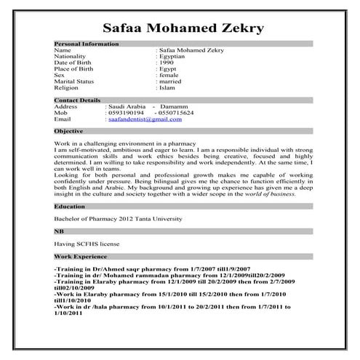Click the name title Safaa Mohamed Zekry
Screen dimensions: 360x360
tap(183, 28)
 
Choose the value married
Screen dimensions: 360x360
tap(171, 82)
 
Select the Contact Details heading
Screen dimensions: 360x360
tap(78, 100)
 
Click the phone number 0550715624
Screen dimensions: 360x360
tap(174, 113)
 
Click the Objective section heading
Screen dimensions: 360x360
tap(69, 131)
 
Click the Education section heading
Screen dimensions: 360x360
tap(70, 206)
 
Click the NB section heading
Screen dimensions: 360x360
tap(60, 231)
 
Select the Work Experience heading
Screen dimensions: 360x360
tap(80, 256)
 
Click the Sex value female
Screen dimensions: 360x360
tap(168, 75)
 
